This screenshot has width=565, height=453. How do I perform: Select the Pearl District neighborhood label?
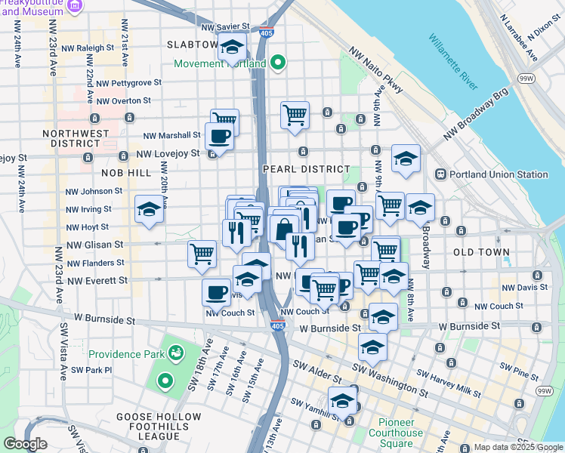[x=306, y=169]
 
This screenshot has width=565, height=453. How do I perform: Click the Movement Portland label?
[x=220, y=63]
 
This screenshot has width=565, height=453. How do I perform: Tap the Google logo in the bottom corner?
[x=25, y=444]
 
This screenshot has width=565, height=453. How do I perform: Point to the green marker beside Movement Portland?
[x=277, y=63]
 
